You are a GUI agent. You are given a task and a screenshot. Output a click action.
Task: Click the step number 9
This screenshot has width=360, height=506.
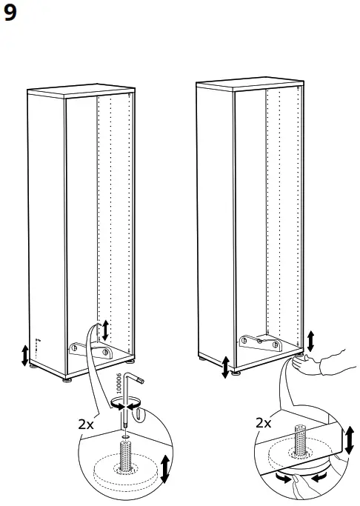tap(10, 14)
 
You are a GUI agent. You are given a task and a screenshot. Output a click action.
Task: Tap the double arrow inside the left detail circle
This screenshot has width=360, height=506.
tap(164, 469)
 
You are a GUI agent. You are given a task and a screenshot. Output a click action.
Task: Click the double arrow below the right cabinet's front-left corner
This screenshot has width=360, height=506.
tap(225, 367)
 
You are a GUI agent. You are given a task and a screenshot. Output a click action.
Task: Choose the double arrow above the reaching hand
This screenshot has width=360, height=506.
tap(310, 340)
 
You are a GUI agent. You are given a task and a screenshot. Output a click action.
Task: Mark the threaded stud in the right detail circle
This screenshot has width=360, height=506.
tap(301, 442)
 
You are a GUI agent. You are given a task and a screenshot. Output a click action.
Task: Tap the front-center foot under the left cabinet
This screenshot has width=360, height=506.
tap(67, 380)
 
